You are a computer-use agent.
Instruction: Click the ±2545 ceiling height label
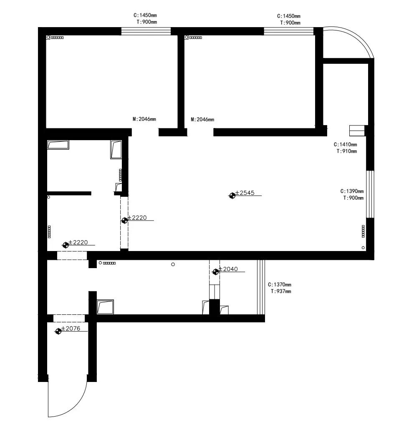245,193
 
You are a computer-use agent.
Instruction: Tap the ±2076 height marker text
71,329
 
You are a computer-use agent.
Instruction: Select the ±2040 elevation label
228,269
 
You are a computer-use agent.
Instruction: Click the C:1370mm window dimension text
279,285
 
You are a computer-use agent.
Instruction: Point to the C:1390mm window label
352,191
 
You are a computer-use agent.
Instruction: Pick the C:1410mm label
345,144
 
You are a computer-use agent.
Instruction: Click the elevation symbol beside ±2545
232,196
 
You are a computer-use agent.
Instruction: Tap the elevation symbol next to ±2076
58,331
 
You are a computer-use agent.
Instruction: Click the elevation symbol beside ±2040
215,272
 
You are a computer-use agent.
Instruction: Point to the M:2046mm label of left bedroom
144,119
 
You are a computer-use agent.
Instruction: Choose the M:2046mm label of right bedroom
202,119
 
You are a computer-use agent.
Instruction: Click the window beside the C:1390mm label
370,194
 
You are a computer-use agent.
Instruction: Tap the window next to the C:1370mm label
261,287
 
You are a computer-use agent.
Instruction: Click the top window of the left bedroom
146,31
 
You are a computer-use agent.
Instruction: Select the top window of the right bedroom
289,31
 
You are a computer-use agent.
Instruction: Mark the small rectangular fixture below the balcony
357,131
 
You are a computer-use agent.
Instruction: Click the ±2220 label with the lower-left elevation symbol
78,242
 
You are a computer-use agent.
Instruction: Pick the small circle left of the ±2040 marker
173,264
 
